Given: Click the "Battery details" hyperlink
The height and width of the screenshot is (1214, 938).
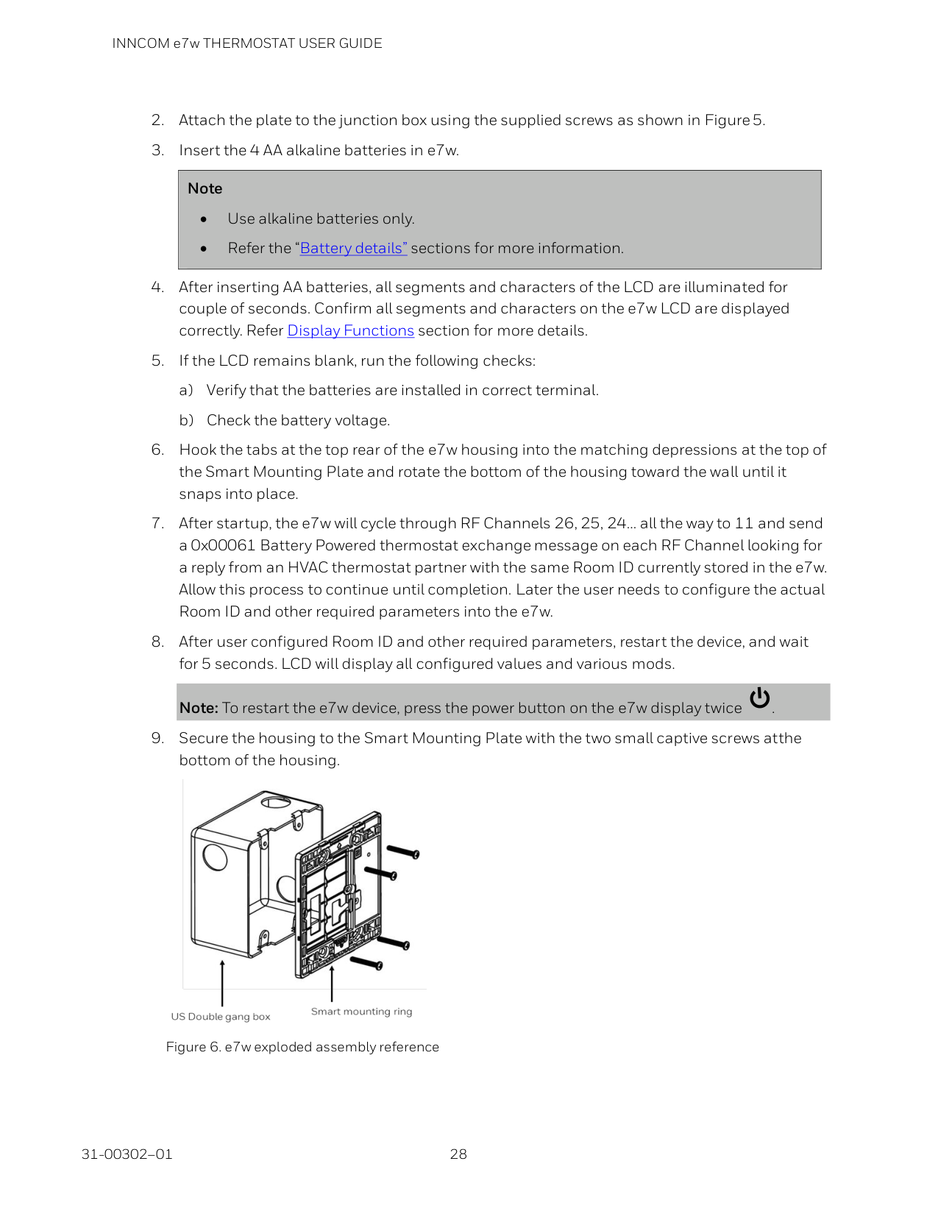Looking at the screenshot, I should click(353, 249).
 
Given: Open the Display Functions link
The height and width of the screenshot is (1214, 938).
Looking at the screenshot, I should click(350, 331).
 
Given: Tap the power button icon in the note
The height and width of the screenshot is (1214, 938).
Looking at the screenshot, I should click(759, 698).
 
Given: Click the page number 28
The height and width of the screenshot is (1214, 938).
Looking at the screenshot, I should click(458, 1154).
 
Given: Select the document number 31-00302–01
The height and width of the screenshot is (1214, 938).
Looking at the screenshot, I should click(127, 1154).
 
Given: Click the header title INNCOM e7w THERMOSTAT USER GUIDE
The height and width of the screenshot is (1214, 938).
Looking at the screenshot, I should click(247, 43).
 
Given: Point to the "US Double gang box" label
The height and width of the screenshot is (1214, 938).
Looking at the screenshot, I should click(221, 1017).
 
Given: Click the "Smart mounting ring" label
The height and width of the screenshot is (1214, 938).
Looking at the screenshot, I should click(361, 1012).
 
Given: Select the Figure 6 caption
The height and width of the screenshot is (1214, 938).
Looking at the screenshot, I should click(302, 1047).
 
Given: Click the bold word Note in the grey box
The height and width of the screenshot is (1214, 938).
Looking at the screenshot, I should click(205, 189).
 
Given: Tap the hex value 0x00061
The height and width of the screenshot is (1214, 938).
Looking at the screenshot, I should click(223, 546).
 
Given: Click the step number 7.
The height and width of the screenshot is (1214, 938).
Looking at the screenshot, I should click(157, 524).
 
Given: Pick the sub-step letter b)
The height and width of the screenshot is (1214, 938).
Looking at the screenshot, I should click(186, 421).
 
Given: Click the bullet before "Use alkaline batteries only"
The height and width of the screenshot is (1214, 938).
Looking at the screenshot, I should click(204, 219).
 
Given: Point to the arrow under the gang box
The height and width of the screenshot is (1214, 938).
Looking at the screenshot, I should click(222, 982).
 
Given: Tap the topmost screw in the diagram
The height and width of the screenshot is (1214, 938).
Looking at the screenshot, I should click(403, 851).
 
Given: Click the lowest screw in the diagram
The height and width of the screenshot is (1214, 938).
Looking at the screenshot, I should click(366, 962).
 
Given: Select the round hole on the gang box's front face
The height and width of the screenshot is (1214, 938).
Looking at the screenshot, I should click(215, 857).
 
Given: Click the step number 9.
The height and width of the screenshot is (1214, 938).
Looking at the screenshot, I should click(157, 739).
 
